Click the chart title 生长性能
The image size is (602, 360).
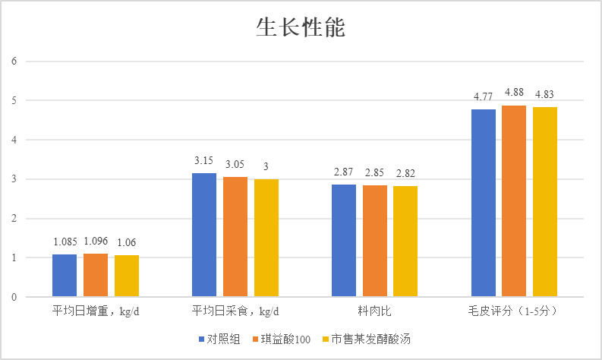coord(301,28)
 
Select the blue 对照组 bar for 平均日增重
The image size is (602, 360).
coord(65,276)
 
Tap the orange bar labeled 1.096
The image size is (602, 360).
coord(96,275)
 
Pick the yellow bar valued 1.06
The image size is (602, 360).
coord(127,276)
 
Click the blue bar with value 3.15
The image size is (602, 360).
coord(204,235)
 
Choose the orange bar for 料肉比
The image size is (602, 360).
coord(374,241)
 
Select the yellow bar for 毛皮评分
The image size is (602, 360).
coord(545,202)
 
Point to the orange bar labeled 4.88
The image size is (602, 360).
coord(514,201)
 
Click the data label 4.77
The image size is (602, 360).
coord(484,96)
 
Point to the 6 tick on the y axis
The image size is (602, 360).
coord(14,62)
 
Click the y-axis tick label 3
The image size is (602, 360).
coord(14,179)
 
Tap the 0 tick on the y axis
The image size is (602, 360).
coord(14,298)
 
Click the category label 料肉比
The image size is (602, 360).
coord(374,311)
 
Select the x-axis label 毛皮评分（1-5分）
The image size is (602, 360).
coord(514,311)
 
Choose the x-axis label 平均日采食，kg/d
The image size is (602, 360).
coord(235,311)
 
